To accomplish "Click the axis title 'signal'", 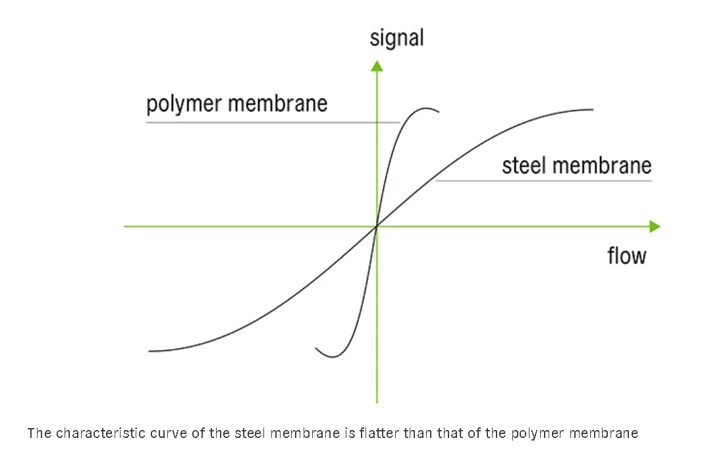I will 396,38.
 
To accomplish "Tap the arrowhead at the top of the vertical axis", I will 377,65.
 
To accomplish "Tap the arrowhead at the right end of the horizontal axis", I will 654,227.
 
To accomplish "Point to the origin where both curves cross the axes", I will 377,227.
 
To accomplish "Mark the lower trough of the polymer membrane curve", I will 333,356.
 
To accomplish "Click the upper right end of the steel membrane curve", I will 592,109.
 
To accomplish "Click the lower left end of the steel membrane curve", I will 150,351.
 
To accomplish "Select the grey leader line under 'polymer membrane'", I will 273,123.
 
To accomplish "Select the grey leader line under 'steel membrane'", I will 543,180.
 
